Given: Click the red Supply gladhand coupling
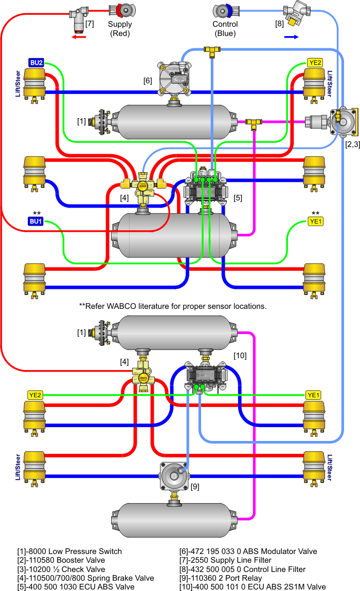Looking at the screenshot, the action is [122, 10].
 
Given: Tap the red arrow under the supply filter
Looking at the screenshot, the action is [79, 37].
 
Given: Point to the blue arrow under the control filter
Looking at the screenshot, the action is [291, 37].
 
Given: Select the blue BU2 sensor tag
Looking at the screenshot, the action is [36, 63].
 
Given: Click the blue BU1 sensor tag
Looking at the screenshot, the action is [36, 221].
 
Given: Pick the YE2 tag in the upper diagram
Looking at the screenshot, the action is [315, 63].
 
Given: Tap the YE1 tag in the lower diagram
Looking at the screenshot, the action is [314, 395].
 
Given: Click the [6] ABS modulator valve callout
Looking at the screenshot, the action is [148, 81].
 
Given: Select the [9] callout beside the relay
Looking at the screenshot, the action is [195, 487].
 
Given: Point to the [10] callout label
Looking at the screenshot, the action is [240, 356].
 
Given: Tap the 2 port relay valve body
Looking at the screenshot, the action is [174, 476].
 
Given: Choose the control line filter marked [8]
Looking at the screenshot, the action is [296, 13].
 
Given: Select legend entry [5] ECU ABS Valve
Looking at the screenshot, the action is [76, 586].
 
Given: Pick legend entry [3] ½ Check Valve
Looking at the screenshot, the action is [61, 569].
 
